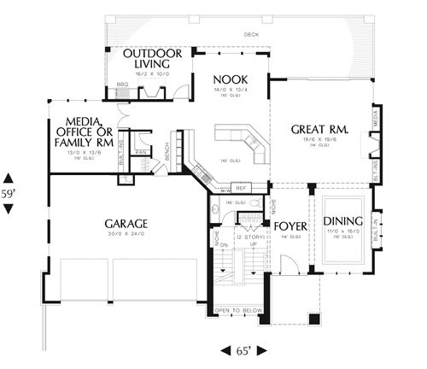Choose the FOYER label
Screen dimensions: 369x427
(x=290, y=225)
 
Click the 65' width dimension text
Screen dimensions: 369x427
(x=243, y=351)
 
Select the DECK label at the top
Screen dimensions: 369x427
(x=250, y=35)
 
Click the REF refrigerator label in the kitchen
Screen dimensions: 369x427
(x=241, y=188)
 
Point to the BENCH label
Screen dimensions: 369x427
(x=167, y=150)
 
